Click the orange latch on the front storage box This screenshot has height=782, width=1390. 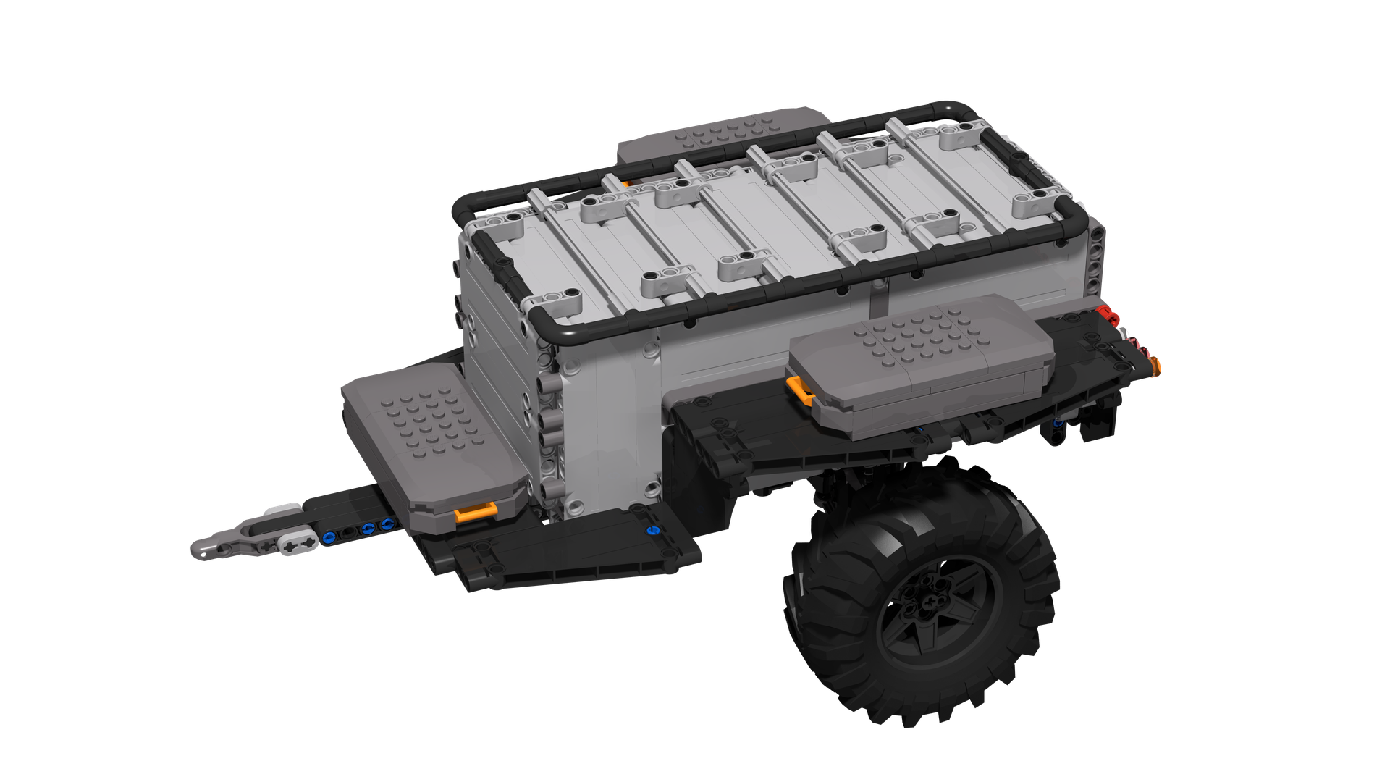474,513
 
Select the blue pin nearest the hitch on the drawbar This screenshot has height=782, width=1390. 330,537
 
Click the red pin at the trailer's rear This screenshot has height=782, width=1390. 1105,313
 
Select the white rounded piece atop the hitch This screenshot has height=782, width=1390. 284,510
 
